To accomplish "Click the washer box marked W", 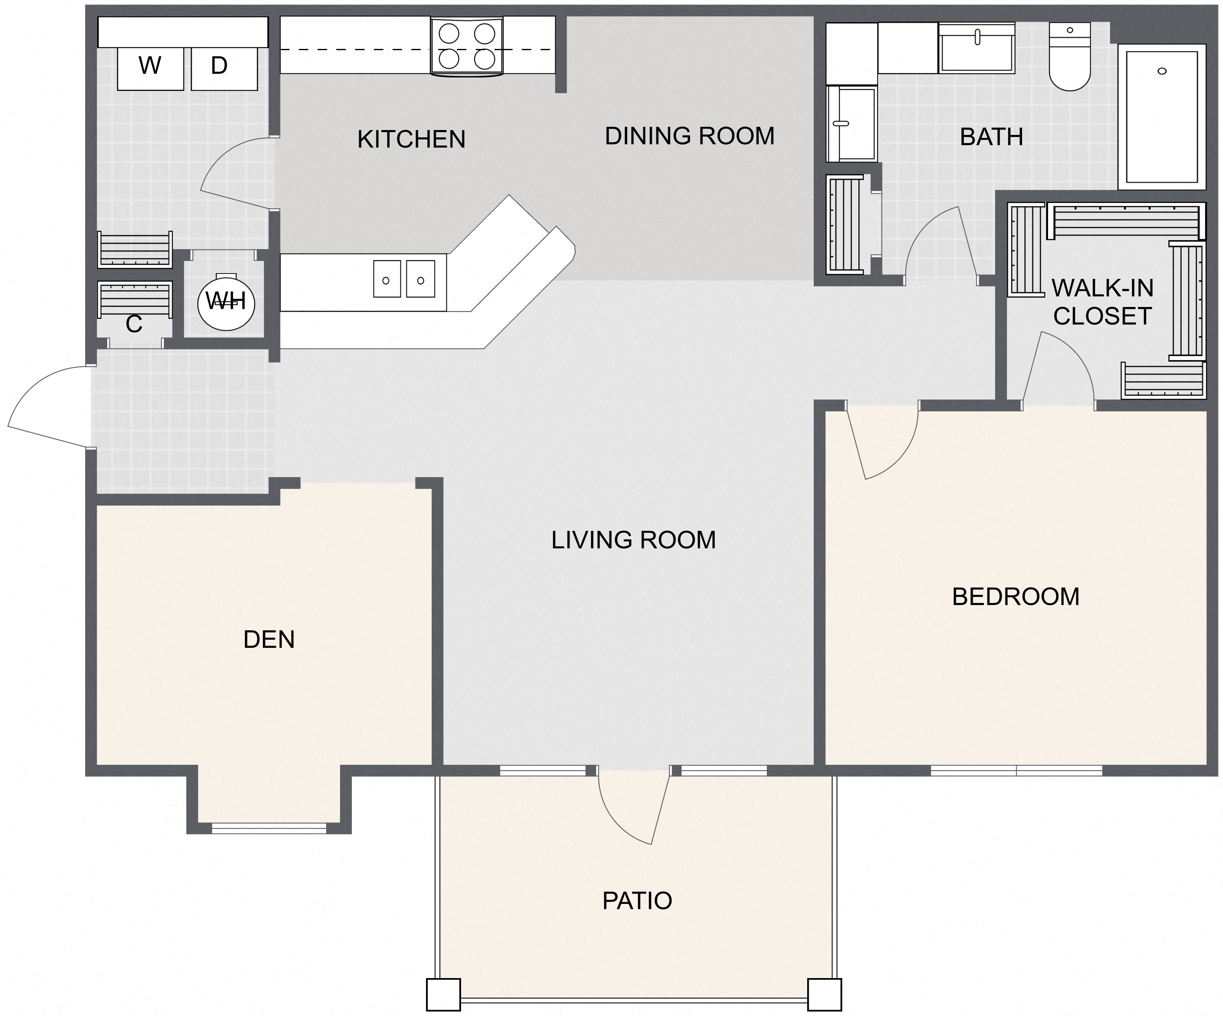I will coord(150,68).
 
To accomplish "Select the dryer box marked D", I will coord(224,68).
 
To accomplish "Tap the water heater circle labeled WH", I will coord(226,302).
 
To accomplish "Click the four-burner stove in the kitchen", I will coord(466,46).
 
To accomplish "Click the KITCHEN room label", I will coord(411,139).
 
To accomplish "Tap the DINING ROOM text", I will coord(689,136).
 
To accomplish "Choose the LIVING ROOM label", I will coord(633,540).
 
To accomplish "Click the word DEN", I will coord(269,640).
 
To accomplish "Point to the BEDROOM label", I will coord(1015,596).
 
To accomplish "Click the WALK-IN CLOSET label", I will coord(1102,302).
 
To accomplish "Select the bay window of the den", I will coord(269,828).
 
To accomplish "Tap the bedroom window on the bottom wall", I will coord(1016,771).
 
